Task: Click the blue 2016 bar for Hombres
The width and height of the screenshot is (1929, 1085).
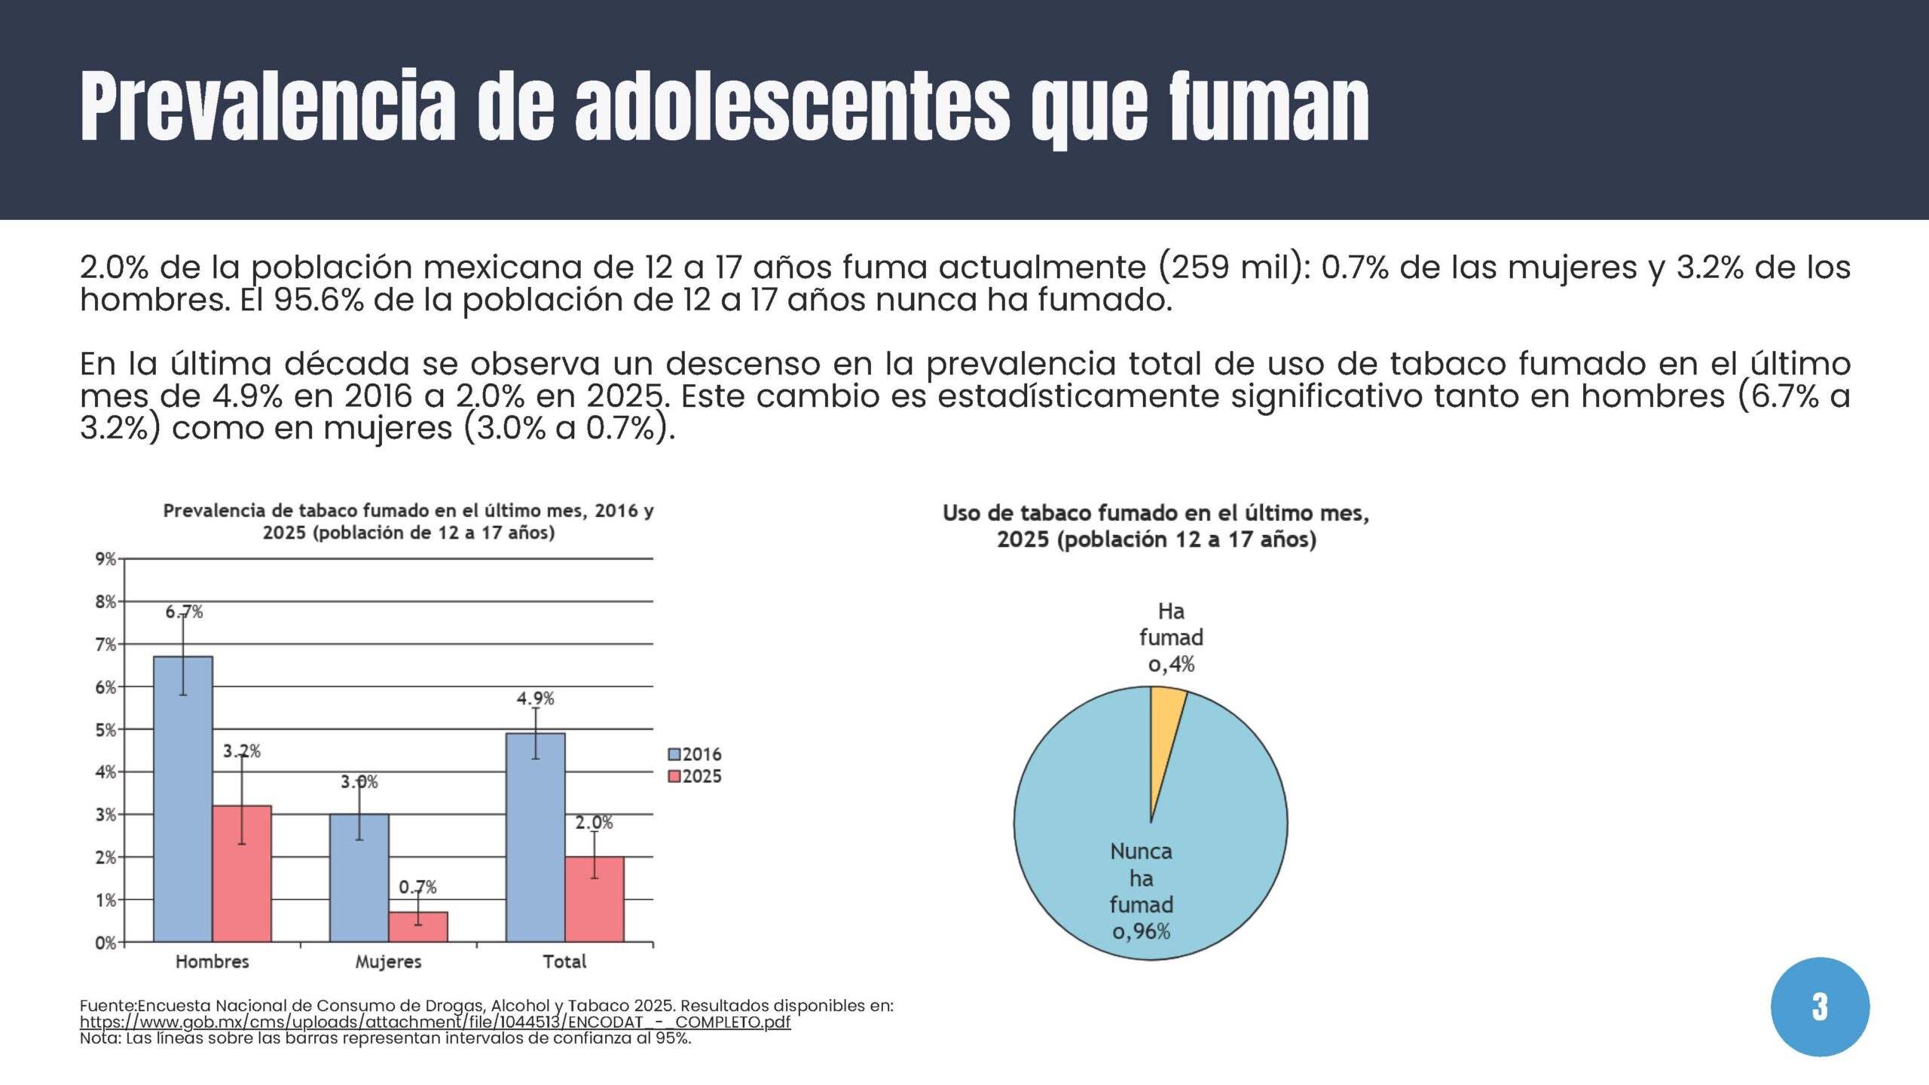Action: (x=183, y=799)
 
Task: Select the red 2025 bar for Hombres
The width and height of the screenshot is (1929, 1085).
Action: (x=242, y=874)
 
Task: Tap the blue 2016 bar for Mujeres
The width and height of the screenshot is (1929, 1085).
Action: (x=359, y=878)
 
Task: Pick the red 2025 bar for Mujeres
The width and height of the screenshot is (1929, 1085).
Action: (x=418, y=927)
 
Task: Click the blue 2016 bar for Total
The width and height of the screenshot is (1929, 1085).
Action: (x=536, y=836)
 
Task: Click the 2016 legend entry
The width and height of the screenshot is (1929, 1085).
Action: (x=695, y=754)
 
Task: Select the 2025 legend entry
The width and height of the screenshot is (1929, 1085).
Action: (x=695, y=776)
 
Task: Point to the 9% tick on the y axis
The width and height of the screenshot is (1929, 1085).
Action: (x=105, y=559)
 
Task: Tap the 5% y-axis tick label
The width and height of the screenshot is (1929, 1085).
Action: (x=105, y=729)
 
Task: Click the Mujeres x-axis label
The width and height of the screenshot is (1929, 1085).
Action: (x=388, y=961)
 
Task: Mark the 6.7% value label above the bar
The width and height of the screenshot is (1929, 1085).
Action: (x=184, y=612)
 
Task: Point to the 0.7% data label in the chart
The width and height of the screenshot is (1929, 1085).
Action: (x=417, y=887)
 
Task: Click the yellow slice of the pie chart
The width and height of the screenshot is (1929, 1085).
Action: (x=1163, y=723)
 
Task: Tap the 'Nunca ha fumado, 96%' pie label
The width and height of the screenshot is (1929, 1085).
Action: (x=1142, y=891)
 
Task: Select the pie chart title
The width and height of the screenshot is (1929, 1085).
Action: (x=1156, y=526)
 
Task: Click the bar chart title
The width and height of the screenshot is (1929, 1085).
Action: (x=408, y=521)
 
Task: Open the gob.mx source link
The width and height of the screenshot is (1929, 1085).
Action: (x=435, y=1022)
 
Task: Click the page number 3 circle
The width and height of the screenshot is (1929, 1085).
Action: (x=1820, y=1007)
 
